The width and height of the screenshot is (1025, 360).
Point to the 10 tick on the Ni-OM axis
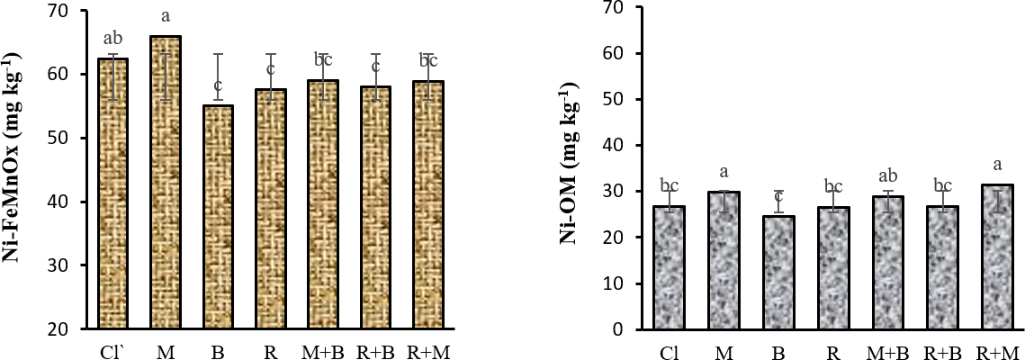[x=619, y=283]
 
